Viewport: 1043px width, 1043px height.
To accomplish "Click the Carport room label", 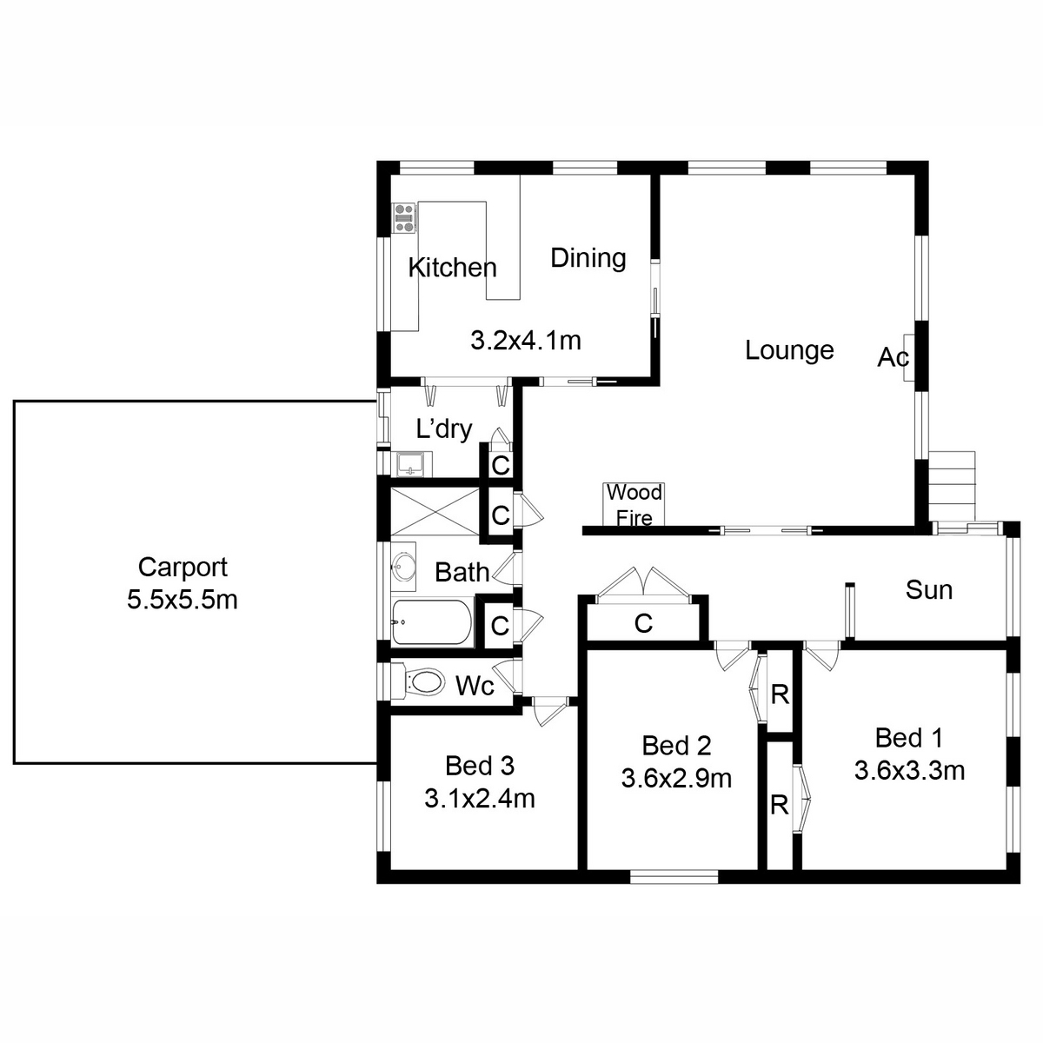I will pyautogui.click(x=183, y=568).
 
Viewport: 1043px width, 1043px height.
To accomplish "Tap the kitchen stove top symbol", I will pyautogui.click(x=403, y=217).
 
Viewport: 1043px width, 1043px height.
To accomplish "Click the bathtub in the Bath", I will pyautogui.click(x=431, y=622).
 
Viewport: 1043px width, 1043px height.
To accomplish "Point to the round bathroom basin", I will pyautogui.click(x=402, y=568).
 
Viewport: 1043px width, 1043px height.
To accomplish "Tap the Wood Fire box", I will pyautogui.click(x=634, y=505).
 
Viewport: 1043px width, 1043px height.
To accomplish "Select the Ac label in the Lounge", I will pyautogui.click(x=893, y=357).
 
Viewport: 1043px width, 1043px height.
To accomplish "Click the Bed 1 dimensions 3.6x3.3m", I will pyautogui.click(x=909, y=770).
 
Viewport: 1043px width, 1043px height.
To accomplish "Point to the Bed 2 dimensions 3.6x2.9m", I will pyautogui.click(x=676, y=778).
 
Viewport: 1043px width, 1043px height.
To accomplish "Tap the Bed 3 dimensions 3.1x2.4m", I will pyautogui.click(x=479, y=798).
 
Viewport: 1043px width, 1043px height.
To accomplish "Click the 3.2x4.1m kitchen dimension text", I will pyautogui.click(x=525, y=340).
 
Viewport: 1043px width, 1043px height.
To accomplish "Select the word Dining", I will pyautogui.click(x=588, y=258).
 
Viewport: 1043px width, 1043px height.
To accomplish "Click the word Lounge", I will pyautogui.click(x=789, y=350).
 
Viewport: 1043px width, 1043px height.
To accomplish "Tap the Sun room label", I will pyautogui.click(x=928, y=590).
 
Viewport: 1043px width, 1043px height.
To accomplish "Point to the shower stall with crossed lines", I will pyautogui.click(x=435, y=512).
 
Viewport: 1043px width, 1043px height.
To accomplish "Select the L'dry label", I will pyautogui.click(x=444, y=428).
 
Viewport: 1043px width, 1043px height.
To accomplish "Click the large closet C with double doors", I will pyautogui.click(x=643, y=623).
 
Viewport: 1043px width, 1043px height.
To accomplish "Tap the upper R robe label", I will pyautogui.click(x=780, y=694).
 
